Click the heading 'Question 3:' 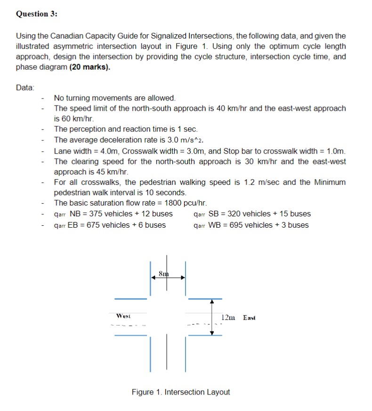pyautogui.click(x=37, y=14)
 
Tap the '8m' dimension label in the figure pyautogui.click(x=162, y=273)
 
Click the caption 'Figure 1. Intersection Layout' pyautogui.click(x=181, y=392)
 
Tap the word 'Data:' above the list pyautogui.click(x=25, y=88)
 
